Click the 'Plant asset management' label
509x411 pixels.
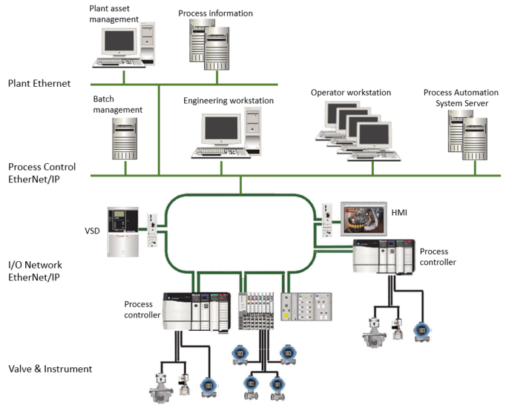[x=113, y=14]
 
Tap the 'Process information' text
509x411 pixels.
[x=215, y=13]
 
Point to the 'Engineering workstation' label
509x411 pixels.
[x=228, y=101]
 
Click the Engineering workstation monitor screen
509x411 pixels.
[x=221, y=128]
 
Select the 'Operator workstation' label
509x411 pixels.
[x=351, y=93]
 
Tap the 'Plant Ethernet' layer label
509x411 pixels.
[x=39, y=84]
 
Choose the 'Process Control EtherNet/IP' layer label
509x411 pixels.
[x=42, y=172]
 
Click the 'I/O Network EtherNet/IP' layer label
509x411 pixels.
[x=35, y=271]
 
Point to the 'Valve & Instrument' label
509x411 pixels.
[x=50, y=369]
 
